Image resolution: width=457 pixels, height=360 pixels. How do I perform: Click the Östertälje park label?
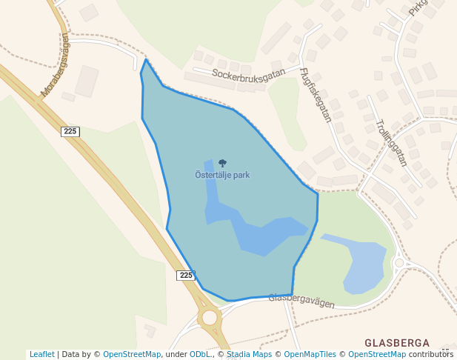222,176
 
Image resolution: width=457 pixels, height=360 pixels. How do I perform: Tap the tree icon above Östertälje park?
222,163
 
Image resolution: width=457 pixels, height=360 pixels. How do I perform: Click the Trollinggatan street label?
391,142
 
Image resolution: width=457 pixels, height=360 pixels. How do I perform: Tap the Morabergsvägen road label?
55,65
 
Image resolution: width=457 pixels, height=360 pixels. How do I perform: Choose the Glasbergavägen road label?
301,301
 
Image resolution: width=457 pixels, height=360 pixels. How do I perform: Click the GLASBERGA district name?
397,343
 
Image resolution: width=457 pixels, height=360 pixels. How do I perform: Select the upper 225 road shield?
70,131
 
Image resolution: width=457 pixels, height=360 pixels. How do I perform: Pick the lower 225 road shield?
186,275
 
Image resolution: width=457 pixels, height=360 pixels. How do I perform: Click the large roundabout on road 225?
210,318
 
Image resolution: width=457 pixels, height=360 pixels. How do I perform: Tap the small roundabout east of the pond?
399,262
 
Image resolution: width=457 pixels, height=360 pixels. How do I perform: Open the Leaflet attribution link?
42,354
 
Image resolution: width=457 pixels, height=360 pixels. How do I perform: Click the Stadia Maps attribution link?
249,354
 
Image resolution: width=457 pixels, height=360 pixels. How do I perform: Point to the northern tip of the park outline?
147,60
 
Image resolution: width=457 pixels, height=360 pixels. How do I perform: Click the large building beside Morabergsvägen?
86,81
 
